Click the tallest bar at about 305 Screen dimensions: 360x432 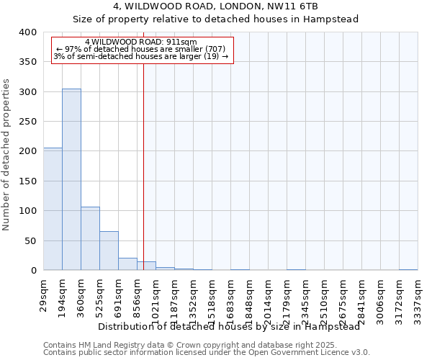pyautogui.click(x=71, y=179)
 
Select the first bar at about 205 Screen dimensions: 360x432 pyautogui.click(x=53, y=209)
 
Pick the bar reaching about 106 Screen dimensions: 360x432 pyautogui.click(x=90, y=238)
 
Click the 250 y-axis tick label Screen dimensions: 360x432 pyautogui.click(x=27, y=122)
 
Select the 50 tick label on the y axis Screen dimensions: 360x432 pyautogui.click(x=30, y=240)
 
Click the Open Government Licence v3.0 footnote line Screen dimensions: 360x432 pyautogui.click(x=207, y=352)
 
